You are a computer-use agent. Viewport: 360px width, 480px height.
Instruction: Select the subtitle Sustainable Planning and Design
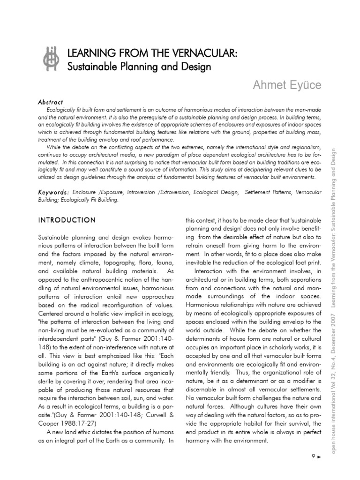(x=139, y=66)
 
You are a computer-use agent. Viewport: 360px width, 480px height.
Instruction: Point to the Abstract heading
(x=51, y=102)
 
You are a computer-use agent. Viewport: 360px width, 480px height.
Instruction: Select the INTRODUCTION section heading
(x=67, y=220)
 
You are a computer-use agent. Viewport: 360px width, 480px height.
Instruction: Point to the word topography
(x=106, y=263)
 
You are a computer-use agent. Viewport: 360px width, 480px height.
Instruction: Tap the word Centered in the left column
(x=52, y=314)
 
